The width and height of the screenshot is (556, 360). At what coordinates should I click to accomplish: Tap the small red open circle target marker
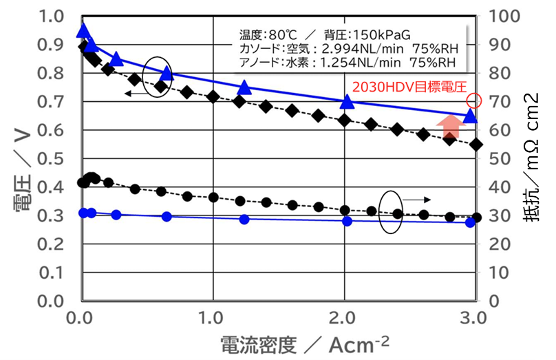click(473, 101)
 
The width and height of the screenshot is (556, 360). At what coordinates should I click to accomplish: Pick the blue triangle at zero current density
click(83, 30)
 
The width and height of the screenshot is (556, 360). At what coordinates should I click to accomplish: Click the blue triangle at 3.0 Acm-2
click(471, 116)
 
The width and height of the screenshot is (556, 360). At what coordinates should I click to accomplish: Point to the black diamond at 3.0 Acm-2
click(476, 145)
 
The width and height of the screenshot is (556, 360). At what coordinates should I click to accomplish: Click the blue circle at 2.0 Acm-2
click(347, 221)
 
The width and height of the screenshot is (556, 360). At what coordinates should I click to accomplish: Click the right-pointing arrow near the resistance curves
click(417, 199)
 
